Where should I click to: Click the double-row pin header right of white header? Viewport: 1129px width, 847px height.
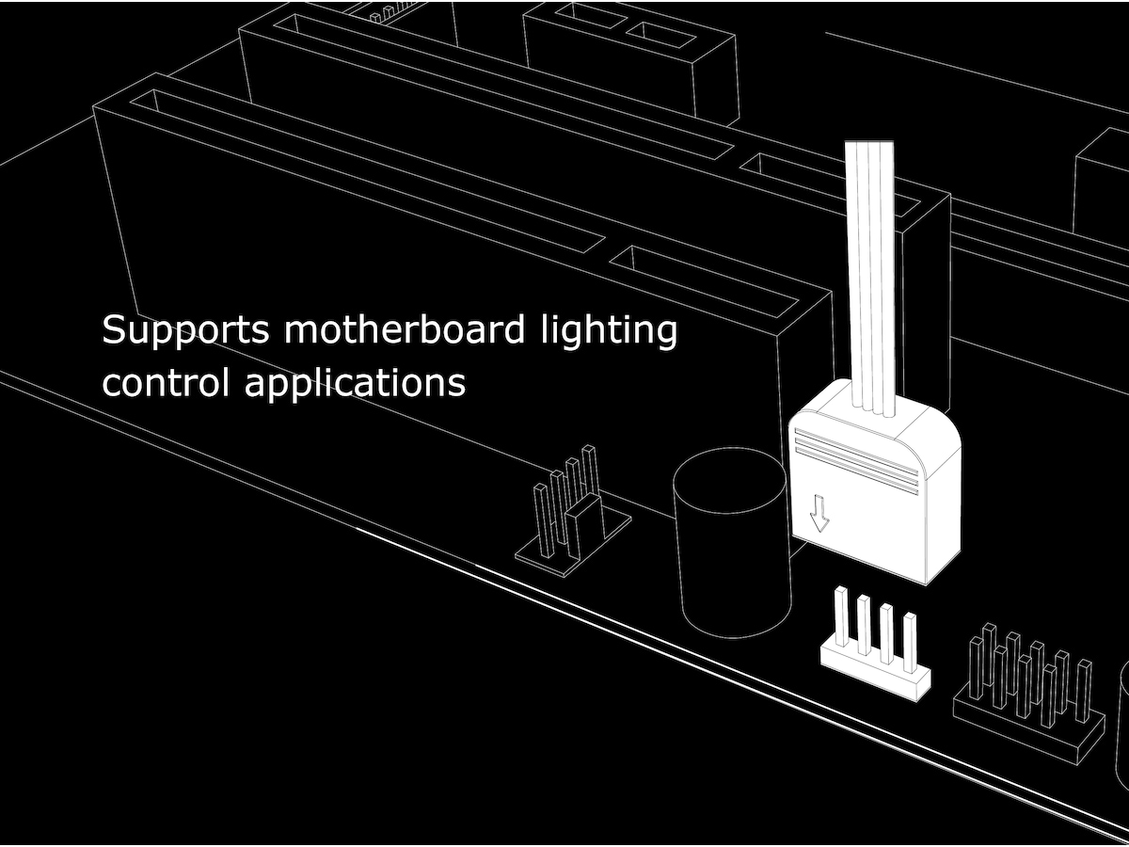pos(1030,692)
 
